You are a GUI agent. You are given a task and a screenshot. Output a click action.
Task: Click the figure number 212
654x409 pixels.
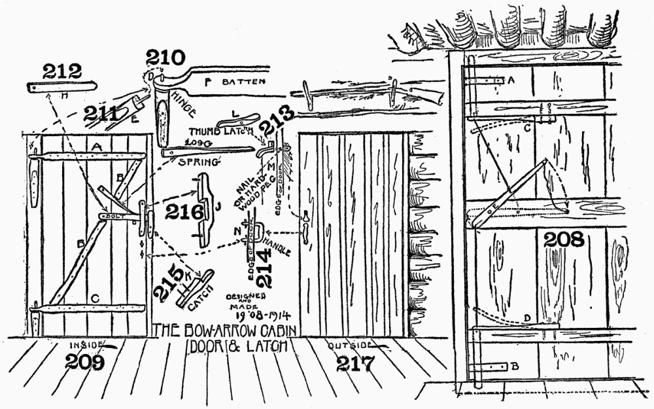[x=62, y=71]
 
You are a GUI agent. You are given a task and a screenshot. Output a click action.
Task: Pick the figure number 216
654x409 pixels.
[x=185, y=211]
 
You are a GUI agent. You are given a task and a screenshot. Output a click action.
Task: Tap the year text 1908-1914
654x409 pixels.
[x=249, y=317]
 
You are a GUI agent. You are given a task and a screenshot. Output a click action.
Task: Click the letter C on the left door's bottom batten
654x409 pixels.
[x=95, y=298]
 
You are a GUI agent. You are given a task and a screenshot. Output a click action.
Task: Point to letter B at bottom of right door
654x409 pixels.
[x=516, y=366]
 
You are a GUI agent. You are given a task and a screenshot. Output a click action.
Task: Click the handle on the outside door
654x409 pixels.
[x=305, y=222]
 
